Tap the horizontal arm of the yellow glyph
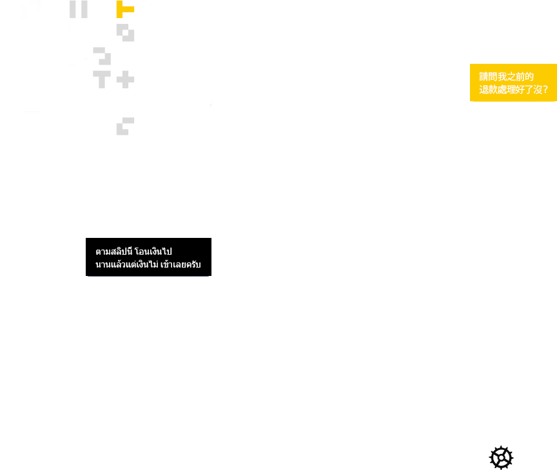pos(128,9)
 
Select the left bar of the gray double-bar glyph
pos(72,9)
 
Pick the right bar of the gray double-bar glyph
pos(84,9)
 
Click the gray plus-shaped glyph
pos(126,79)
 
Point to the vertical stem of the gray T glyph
pos(102,83)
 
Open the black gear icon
pos(501,458)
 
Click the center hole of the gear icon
pos(501,458)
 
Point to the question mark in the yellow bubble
pos(545,90)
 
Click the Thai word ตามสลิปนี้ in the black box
pos(114,251)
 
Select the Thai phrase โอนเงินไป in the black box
pos(153,251)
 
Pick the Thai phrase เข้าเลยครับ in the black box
pos(181,264)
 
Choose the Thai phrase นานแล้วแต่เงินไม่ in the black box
pos(127,264)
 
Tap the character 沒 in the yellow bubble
pos(538,90)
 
